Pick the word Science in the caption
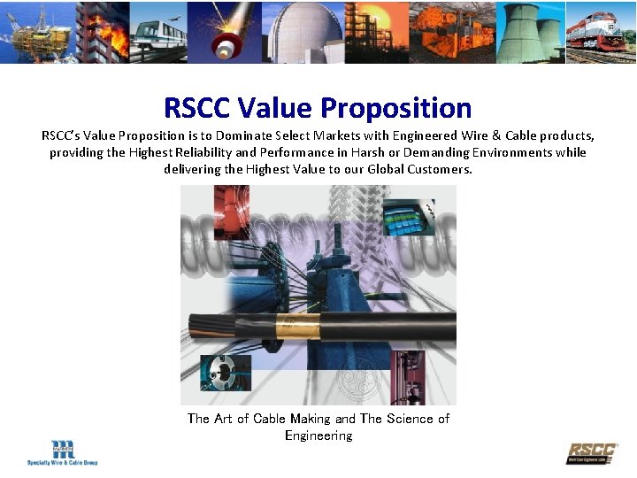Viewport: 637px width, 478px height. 411,419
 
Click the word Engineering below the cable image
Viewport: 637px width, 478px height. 318,436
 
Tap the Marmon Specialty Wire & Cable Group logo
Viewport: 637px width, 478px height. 62,452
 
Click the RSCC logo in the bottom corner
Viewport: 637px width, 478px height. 592,452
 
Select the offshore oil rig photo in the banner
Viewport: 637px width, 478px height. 35,31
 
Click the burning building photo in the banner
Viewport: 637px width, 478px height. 102,31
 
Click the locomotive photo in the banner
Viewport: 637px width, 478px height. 602,35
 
